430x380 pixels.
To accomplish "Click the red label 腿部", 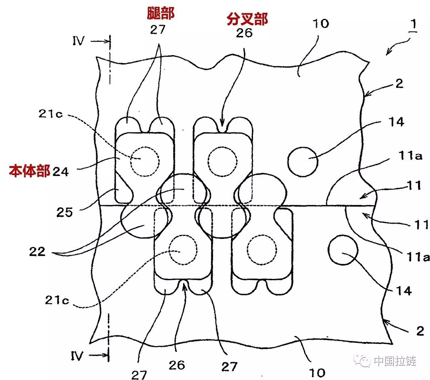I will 161,13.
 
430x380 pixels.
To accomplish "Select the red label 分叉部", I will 247,19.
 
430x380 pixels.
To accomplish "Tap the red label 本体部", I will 30,171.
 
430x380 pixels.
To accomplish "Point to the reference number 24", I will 61,172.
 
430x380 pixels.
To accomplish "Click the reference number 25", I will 64,212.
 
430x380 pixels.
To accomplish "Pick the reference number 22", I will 37,251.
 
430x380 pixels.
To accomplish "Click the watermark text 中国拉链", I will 395,361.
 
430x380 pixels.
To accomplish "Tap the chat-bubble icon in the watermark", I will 363,361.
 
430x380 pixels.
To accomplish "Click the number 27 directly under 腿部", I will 158,30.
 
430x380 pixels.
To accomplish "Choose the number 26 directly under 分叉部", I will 244,33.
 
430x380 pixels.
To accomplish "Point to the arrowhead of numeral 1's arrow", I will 388,53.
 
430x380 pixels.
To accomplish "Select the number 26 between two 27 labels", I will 177,365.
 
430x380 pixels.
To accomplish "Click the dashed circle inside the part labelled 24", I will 145,161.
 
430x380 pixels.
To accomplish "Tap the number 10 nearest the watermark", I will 317,373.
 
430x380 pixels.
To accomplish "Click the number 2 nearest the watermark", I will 420,331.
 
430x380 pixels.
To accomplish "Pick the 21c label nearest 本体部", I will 50,114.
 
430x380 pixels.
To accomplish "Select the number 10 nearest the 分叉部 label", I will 321,24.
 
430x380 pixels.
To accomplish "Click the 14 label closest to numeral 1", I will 396,122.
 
